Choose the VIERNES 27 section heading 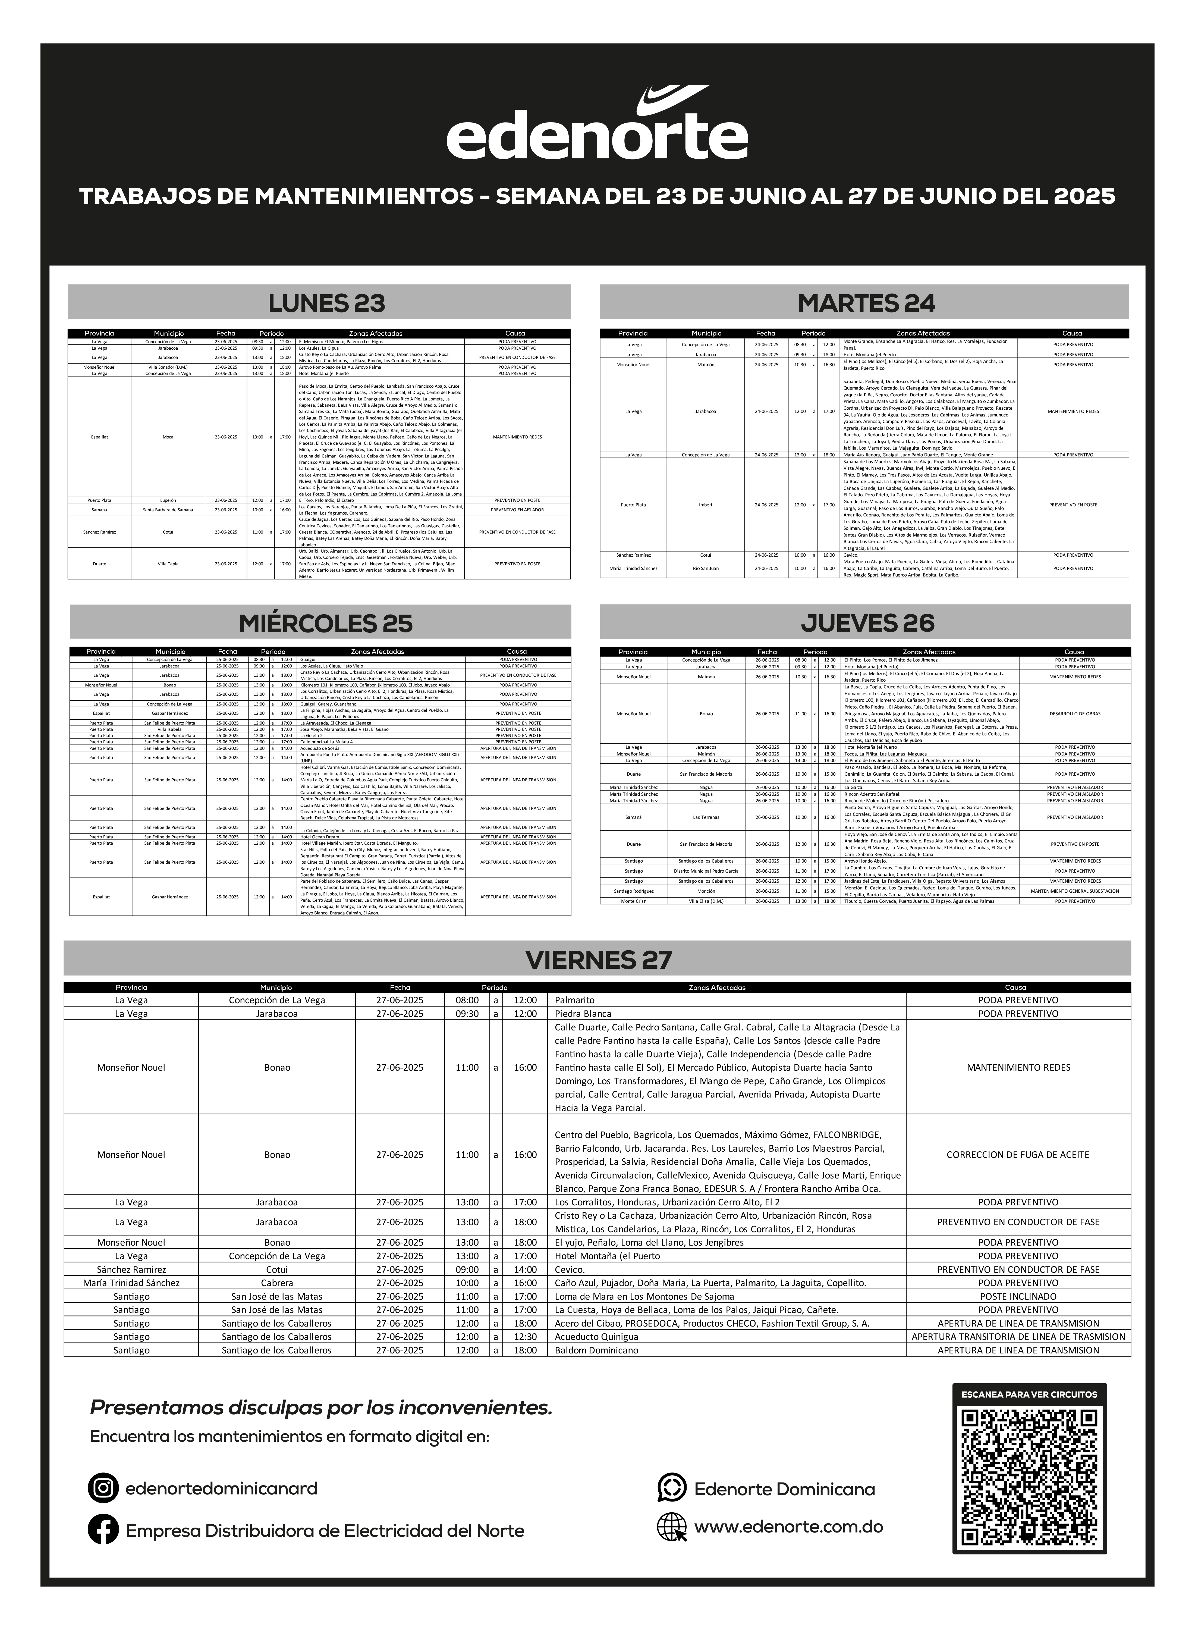597,959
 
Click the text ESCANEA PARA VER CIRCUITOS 1029,1394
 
